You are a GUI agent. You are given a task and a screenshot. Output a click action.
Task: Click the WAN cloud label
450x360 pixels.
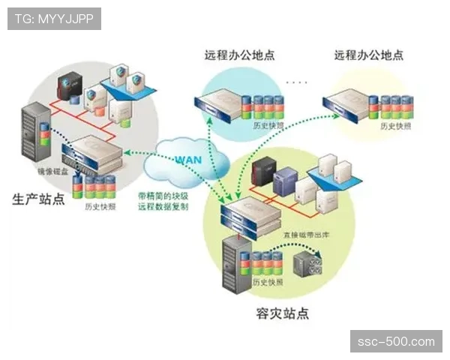point(187,159)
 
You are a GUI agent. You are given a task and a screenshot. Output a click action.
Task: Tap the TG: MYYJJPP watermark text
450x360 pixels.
point(53,18)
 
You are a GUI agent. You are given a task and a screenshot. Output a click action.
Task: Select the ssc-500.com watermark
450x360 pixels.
point(395,341)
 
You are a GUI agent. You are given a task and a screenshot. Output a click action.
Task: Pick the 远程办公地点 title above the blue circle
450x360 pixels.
point(239,55)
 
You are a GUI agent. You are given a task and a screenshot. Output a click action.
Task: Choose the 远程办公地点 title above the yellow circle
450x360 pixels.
point(368,55)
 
